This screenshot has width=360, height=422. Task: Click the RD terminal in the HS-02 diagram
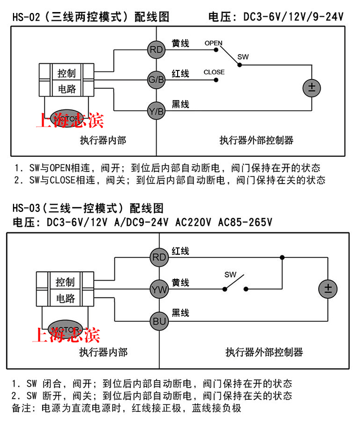pyautogui.click(x=156, y=49)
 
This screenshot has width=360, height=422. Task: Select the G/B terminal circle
pyautogui.click(x=156, y=80)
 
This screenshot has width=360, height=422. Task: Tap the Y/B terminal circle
pyautogui.click(x=156, y=111)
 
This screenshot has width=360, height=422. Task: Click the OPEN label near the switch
pyautogui.click(x=213, y=43)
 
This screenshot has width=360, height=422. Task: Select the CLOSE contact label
pyautogui.click(x=214, y=72)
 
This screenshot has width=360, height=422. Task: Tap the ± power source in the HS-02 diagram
pyautogui.click(x=311, y=88)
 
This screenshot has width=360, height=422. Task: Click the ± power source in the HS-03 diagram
pyautogui.click(x=328, y=289)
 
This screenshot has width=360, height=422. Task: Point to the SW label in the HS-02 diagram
pyautogui.click(x=243, y=57)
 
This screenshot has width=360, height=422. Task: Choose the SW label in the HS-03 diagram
pyautogui.click(x=231, y=275)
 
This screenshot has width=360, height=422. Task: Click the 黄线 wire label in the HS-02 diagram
pyautogui.click(x=180, y=44)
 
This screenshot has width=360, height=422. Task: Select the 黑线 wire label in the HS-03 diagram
pyautogui.click(x=180, y=313)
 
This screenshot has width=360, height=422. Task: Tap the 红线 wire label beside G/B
pyautogui.click(x=180, y=73)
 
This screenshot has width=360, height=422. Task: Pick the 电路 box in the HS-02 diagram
pyautogui.click(x=67, y=89)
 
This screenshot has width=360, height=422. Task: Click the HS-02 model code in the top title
pyautogui.click(x=24, y=18)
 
